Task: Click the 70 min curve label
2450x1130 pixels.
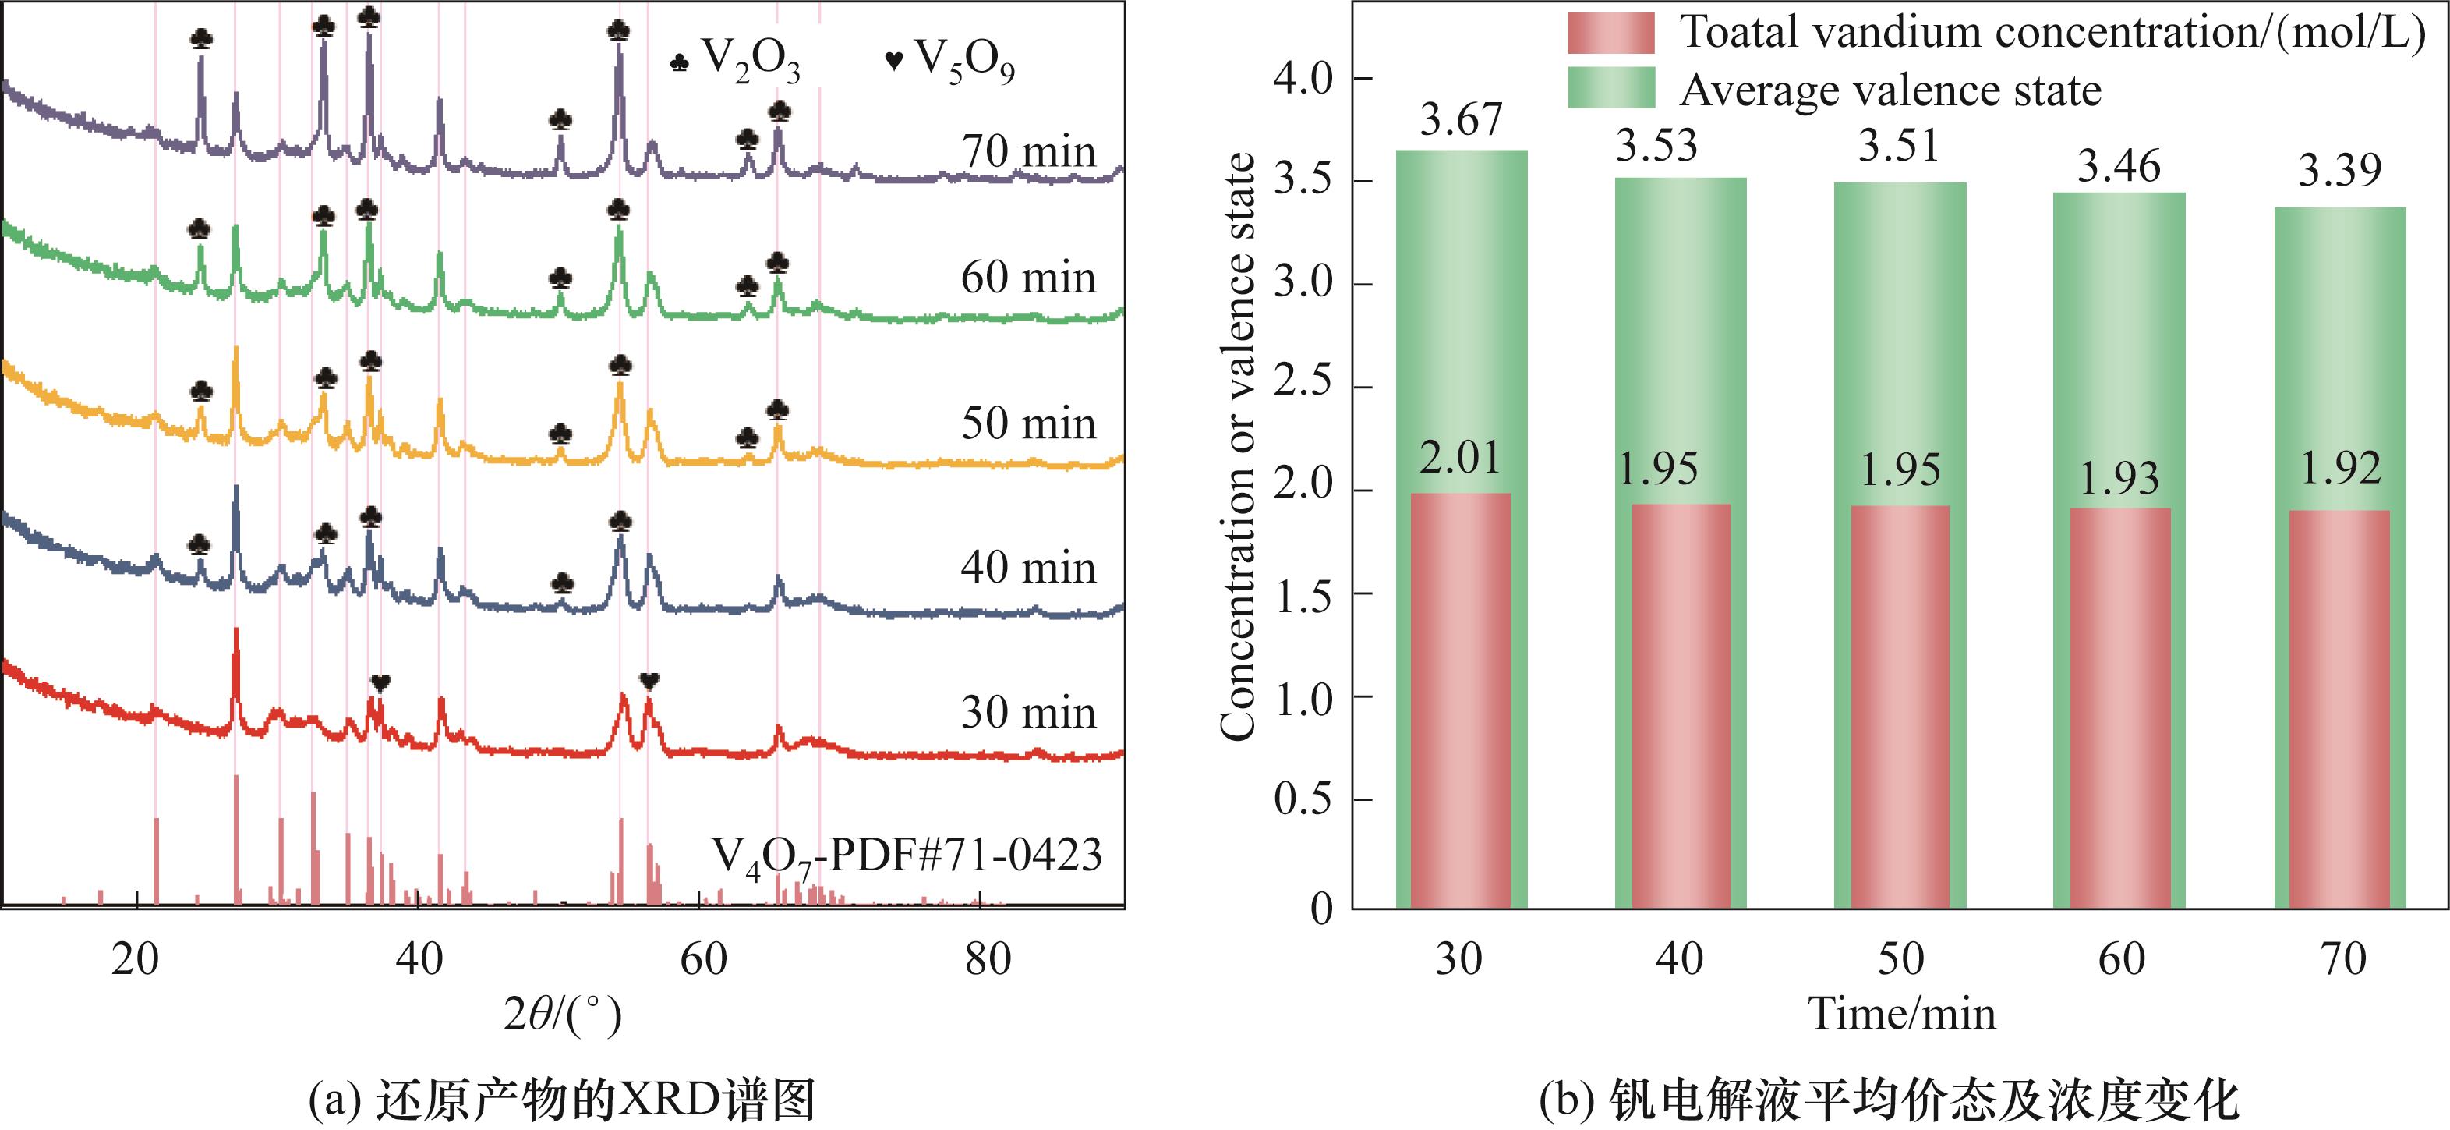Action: point(1028,152)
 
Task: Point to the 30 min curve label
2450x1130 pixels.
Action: point(1028,713)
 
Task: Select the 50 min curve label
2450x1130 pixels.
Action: point(1028,423)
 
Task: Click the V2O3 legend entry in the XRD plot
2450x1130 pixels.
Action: point(735,62)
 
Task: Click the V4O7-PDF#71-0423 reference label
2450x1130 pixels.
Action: point(907,856)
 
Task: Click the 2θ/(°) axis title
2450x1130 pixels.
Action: point(563,1016)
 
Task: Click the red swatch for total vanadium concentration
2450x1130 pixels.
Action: point(1610,34)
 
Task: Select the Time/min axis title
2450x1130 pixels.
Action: point(1901,1014)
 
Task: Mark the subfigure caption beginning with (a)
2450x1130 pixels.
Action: point(562,1101)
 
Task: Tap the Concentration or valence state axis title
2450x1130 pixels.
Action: point(1239,447)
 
